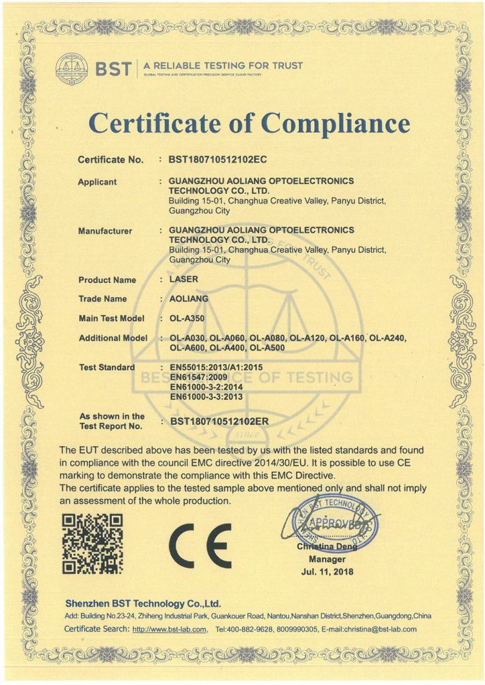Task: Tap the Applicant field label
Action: [x=97, y=182]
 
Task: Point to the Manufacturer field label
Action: [x=105, y=231]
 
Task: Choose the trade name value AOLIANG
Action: [x=190, y=299]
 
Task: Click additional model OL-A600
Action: [x=188, y=348]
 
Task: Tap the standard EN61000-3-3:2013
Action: [x=206, y=397]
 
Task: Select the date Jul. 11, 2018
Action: [x=327, y=572]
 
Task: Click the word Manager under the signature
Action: [x=327, y=559]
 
